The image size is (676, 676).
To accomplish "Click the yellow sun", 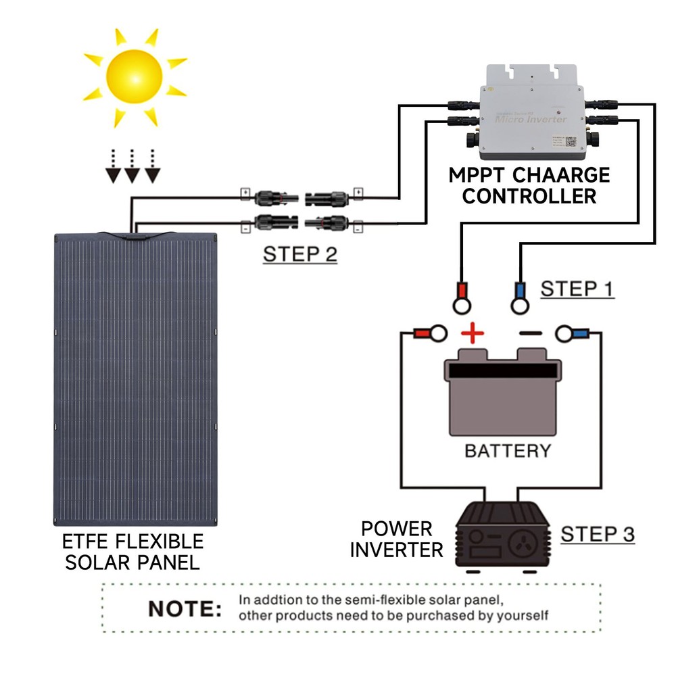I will point(135,77).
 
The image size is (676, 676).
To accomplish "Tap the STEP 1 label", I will point(577,289).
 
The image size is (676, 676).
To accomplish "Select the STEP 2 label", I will point(299,254).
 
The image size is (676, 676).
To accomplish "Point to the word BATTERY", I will point(508,450).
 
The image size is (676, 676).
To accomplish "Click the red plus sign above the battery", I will point(473,333).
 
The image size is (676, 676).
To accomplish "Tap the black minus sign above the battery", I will point(531,333).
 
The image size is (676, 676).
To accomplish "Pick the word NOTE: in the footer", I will point(185,608).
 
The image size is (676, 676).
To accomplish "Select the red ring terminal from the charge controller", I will point(462,298).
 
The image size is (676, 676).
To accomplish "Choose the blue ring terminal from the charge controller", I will point(520,298).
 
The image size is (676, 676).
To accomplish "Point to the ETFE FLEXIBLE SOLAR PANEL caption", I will point(132,552).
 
